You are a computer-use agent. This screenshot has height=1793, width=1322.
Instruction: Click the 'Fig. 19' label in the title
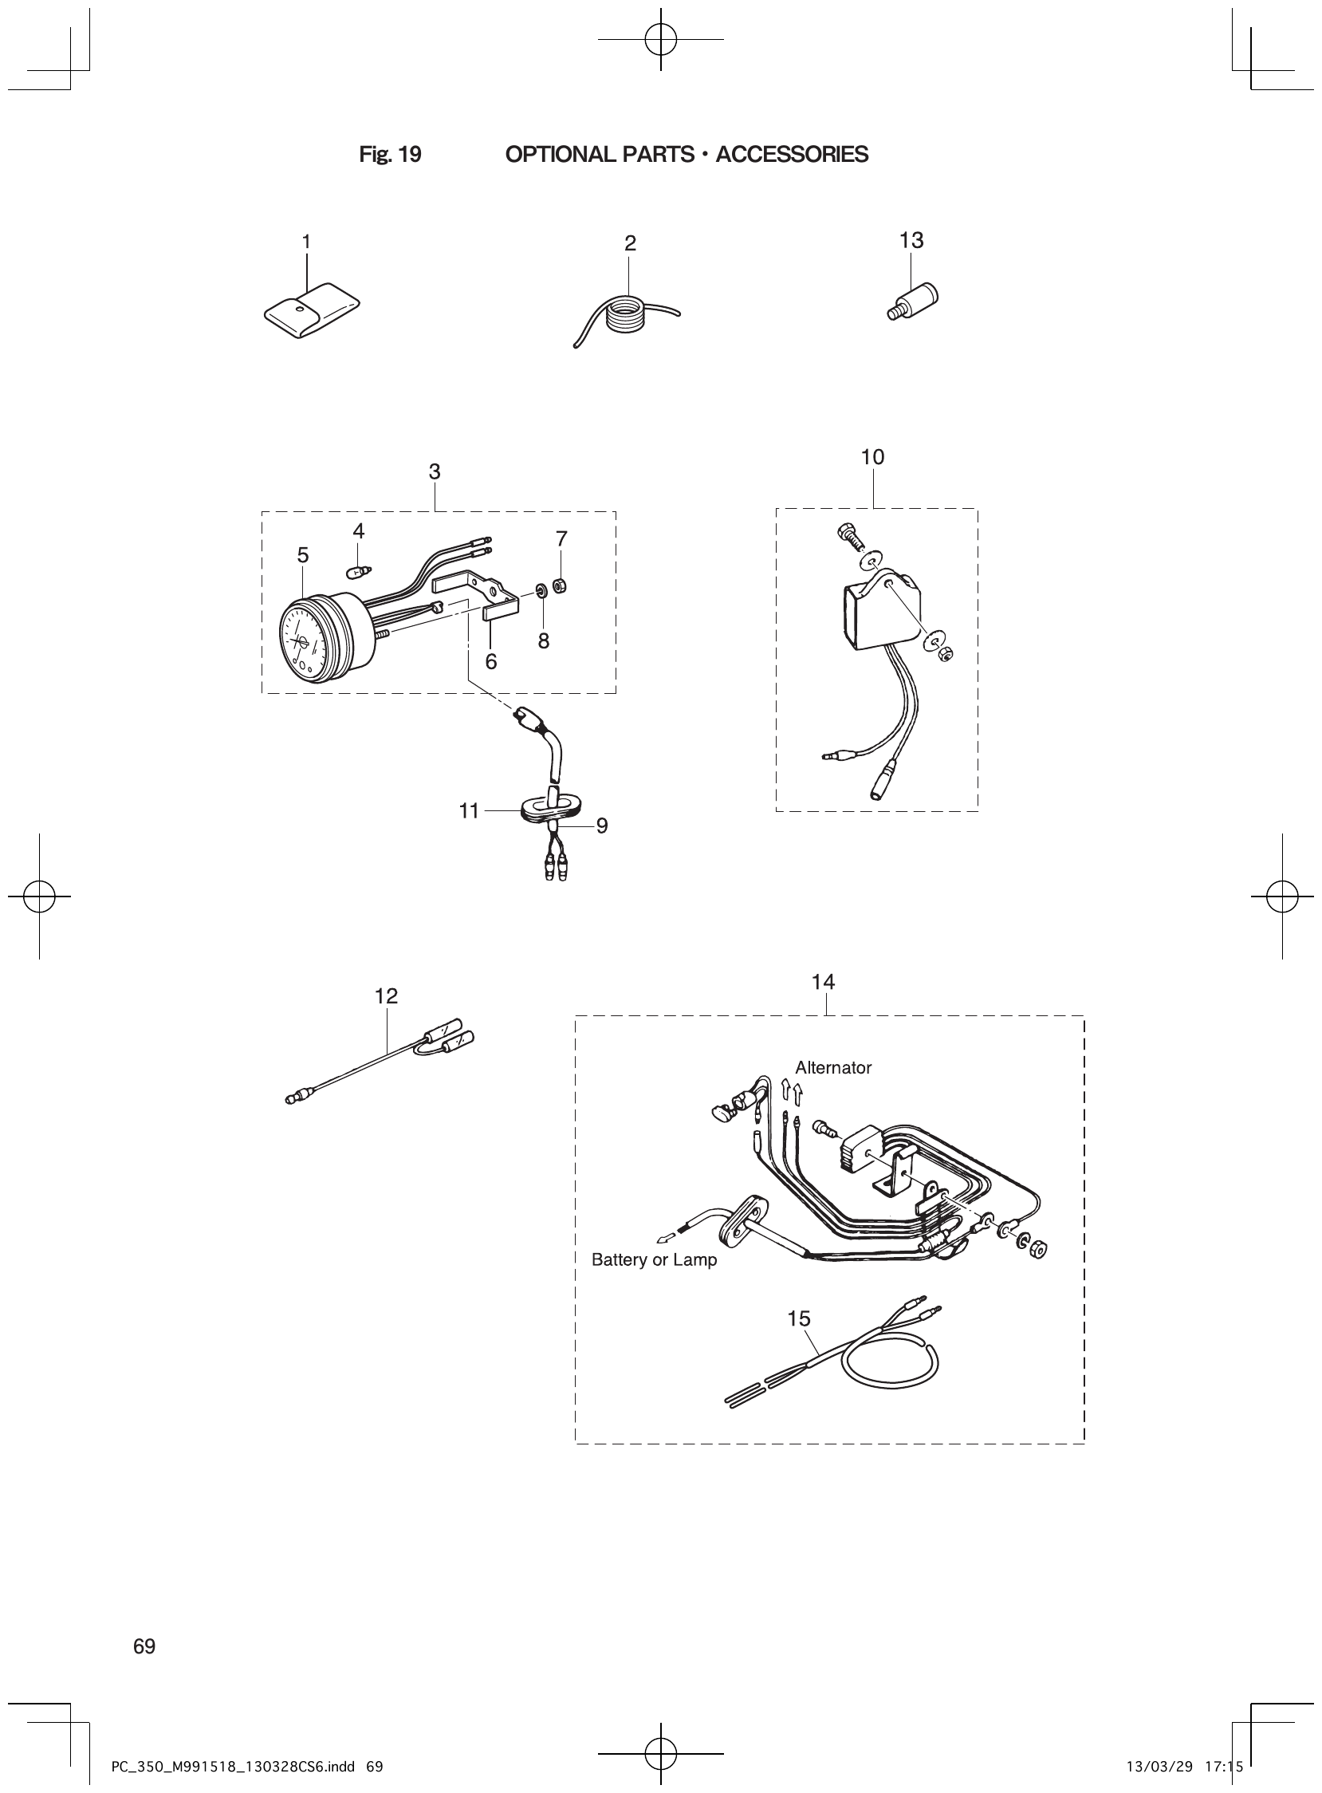pyautogui.click(x=390, y=155)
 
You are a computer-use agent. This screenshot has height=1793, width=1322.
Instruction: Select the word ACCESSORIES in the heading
pyautogui.click(x=792, y=155)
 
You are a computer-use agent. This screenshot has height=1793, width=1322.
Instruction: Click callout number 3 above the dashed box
pyautogui.click(x=434, y=472)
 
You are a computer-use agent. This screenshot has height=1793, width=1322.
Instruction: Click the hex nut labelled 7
pyautogui.click(x=561, y=585)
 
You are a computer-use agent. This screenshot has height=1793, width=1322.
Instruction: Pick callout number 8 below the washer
pyautogui.click(x=543, y=641)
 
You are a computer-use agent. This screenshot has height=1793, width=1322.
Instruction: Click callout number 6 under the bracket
pyautogui.click(x=490, y=662)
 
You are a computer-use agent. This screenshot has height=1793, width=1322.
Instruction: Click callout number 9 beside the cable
pyautogui.click(x=602, y=826)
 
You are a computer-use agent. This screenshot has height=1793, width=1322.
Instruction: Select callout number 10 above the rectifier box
pyautogui.click(x=872, y=457)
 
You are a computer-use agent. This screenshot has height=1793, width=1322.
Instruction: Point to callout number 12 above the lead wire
pyautogui.click(x=386, y=995)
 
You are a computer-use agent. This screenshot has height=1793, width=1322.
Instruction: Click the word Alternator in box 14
pyautogui.click(x=832, y=1068)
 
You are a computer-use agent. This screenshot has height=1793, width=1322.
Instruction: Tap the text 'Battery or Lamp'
pyautogui.click(x=654, y=1260)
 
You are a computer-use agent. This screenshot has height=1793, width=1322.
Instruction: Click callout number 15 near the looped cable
pyautogui.click(x=799, y=1318)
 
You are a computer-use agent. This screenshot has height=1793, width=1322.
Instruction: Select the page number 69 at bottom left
pyautogui.click(x=145, y=1646)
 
